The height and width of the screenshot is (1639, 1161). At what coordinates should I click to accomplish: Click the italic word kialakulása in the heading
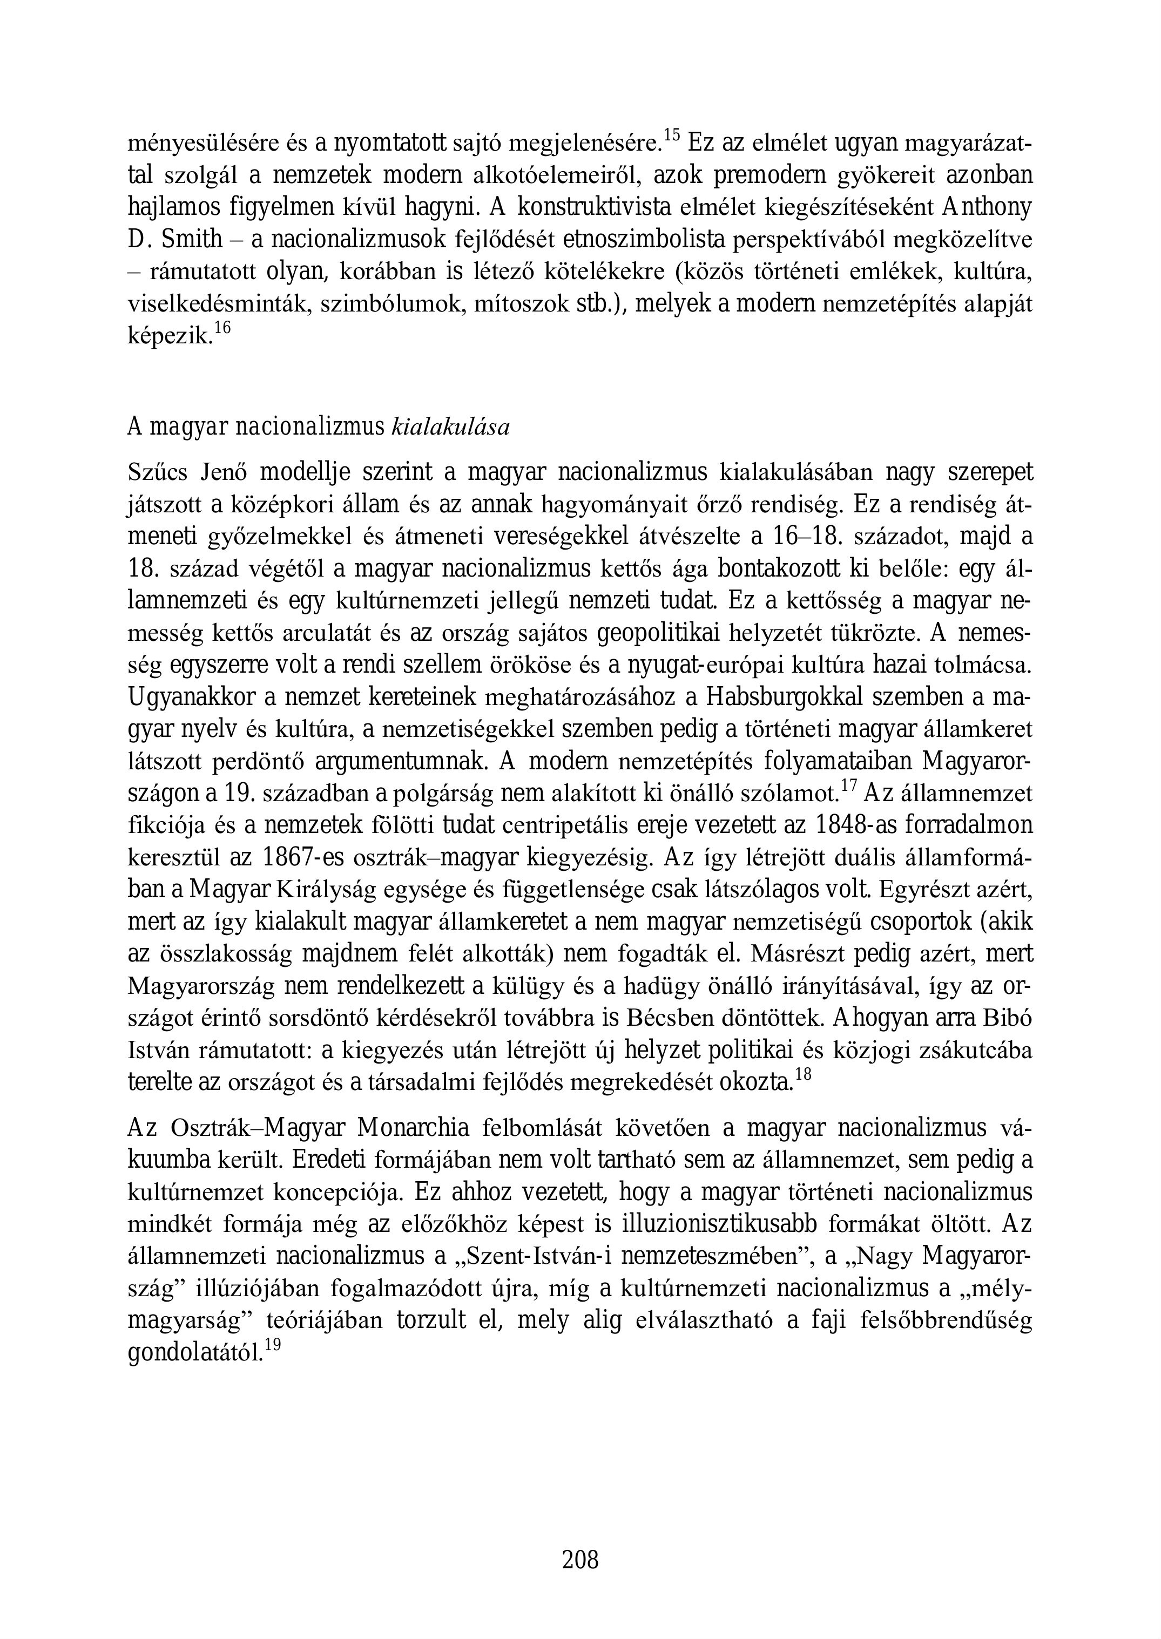[450, 428]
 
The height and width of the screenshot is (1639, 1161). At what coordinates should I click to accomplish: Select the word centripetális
[568, 825]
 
